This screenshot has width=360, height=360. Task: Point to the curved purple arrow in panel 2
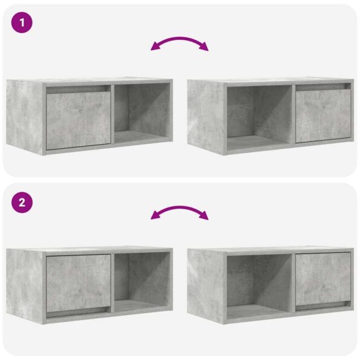click(180, 212)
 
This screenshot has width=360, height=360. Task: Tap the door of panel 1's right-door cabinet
click(322, 116)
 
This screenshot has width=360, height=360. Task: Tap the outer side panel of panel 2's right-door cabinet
click(206, 284)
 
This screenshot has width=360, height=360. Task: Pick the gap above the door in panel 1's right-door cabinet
click(322, 86)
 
